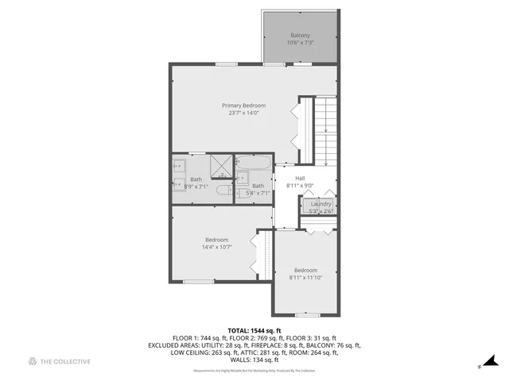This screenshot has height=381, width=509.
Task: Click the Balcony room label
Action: [x=300, y=35]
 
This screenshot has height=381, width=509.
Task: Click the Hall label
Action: [x=300, y=178]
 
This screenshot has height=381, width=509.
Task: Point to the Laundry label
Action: [x=321, y=204]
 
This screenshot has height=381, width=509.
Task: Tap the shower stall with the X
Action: [x=221, y=166]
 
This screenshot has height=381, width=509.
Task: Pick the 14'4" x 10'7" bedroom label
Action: [x=217, y=244]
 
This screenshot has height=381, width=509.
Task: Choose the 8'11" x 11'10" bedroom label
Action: [x=305, y=273]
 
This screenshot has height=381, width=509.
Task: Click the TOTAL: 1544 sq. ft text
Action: [x=254, y=330]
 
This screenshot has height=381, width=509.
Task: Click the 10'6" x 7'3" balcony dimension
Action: [x=300, y=43]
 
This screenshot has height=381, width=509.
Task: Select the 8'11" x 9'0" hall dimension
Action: [x=300, y=186]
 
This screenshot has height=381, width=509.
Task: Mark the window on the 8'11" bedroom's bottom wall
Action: [x=305, y=316]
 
